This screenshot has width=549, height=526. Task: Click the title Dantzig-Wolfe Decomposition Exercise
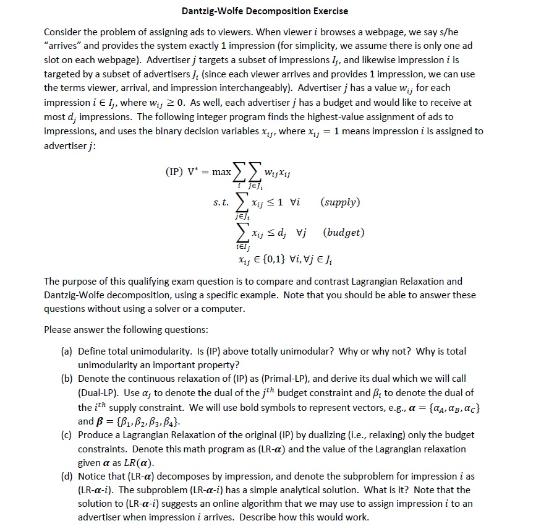(x=265, y=11)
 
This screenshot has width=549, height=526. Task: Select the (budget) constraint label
(x=343, y=233)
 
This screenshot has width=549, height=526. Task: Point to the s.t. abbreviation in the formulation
(x=221, y=202)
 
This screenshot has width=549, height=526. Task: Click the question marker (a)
(x=67, y=351)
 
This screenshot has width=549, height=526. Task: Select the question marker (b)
(x=67, y=378)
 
